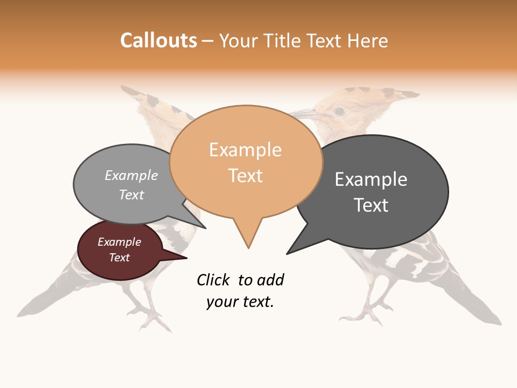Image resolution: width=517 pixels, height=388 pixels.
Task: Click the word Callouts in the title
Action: click(158, 40)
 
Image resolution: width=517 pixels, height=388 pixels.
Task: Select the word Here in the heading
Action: click(368, 41)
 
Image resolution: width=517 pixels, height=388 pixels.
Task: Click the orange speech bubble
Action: click(246, 162)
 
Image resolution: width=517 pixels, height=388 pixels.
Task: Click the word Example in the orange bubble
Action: click(245, 150)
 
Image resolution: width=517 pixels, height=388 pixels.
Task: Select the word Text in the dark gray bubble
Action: click(371, 205)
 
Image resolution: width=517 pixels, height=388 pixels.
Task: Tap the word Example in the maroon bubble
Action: click(119, 242)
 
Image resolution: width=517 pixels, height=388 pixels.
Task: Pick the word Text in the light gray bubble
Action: click(131, 195)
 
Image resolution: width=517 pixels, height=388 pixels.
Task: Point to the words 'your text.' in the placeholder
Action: click(240, 302)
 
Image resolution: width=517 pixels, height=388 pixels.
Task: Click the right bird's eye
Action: click(339, 111)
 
